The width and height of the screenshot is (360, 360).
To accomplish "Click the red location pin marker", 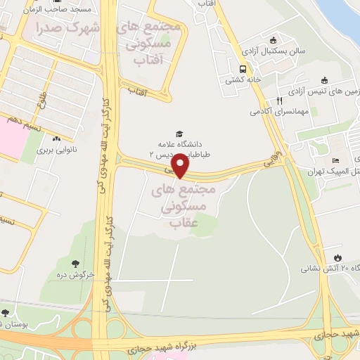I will point(181,166).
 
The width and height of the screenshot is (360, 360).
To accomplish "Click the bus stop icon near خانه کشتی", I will point(243,69).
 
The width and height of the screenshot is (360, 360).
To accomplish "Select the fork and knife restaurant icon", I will point(279,100).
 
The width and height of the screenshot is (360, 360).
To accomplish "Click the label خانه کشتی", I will point(243,80).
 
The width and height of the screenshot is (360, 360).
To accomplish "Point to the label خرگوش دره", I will point(71,274).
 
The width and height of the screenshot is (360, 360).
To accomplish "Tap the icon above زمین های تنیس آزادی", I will point(324,80).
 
